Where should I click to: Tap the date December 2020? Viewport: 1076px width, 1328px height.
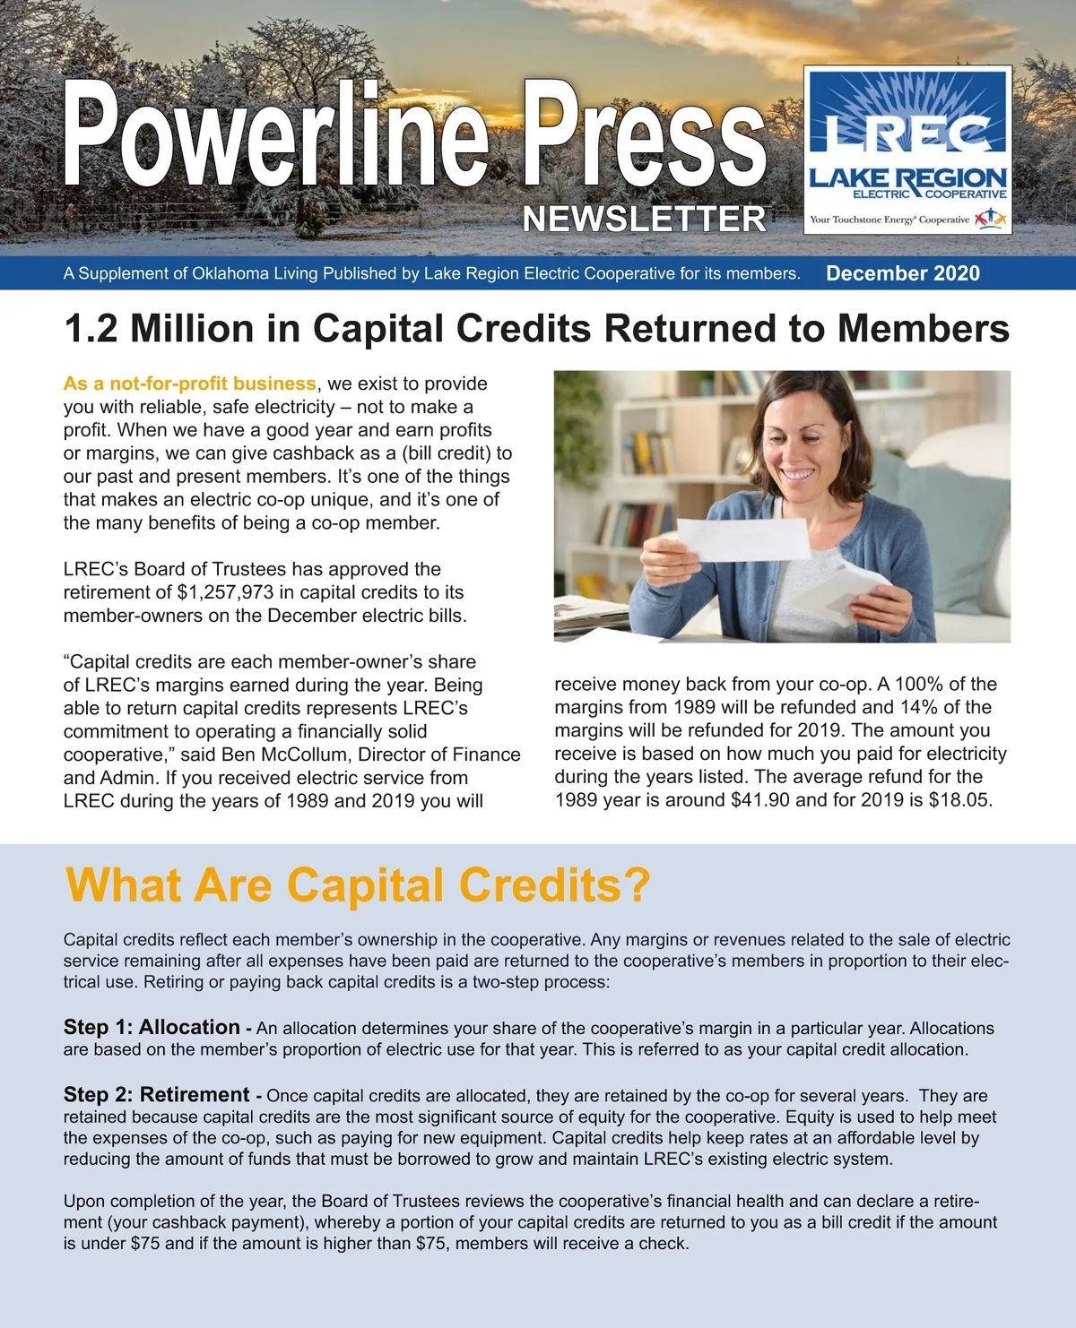tap(902, 273)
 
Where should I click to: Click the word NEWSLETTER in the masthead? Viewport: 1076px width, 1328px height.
tap(644, 220)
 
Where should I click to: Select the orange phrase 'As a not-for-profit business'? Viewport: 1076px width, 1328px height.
tap(189, 384)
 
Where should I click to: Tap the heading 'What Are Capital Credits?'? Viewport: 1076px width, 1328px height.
tap(358, 885)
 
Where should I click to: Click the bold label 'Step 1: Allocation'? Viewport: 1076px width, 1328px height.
tap(152, 1027)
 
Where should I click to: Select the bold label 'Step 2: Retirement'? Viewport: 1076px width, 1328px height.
tap(157, 1095)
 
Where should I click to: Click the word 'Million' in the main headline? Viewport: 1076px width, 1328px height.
tap(192, 329)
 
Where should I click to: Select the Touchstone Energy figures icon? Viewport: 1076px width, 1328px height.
tap(990, 218)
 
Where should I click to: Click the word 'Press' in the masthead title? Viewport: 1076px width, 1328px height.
tap(645, 134)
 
